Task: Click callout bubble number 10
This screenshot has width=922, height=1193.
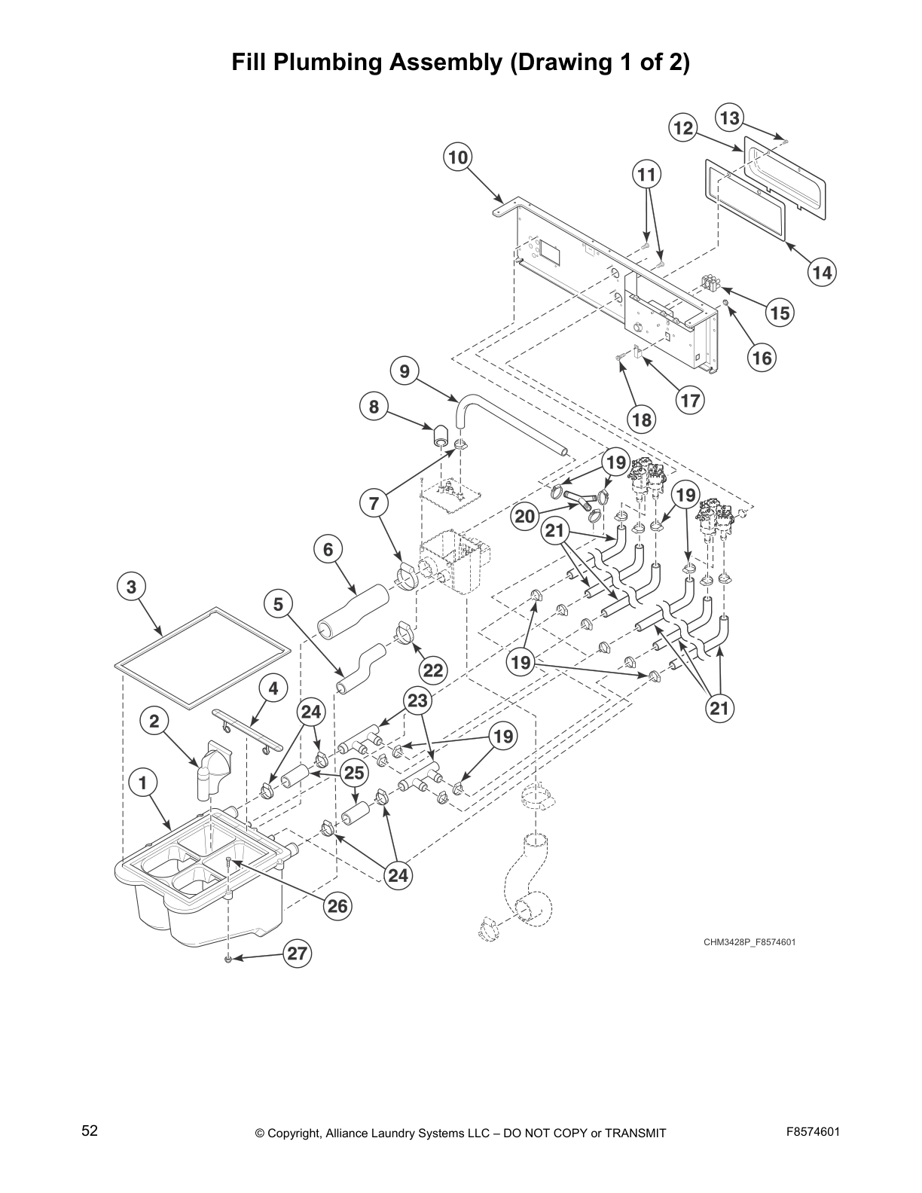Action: pos(458,157)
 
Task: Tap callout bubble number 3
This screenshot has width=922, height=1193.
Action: pos(132,587)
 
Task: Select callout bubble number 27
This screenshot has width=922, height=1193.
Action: pos(298,953)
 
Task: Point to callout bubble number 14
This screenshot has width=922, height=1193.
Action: pos(823,272)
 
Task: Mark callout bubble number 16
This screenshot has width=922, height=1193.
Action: pos(762,358)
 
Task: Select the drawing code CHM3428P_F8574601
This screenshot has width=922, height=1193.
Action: pos(750,942)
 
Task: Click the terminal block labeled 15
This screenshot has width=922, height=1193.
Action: pos(710,282)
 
